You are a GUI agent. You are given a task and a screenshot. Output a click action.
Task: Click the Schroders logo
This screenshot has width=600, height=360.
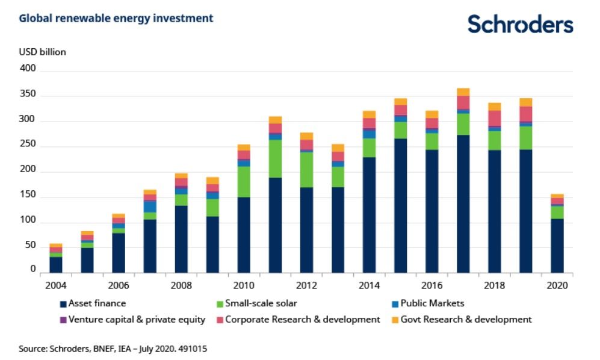(520, 25)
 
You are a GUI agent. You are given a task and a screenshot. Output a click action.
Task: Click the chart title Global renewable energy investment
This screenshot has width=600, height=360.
(116, 19)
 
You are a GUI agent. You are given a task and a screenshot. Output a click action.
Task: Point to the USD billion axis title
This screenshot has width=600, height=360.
(42, 52)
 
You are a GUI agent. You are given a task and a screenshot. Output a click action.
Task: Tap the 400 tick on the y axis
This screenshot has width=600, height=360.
(28, 70)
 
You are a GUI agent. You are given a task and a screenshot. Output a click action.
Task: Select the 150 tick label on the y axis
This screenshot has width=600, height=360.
(28, 195)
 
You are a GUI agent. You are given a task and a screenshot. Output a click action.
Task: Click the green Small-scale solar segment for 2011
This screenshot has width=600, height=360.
(275, 158)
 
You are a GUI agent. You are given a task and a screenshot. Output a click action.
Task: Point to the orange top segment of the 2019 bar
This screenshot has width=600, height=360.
(525, 102)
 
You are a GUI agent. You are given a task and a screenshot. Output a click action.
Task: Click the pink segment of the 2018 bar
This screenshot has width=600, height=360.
(494, 118)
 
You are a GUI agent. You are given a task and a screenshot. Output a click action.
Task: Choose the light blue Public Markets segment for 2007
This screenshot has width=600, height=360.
(150, 206)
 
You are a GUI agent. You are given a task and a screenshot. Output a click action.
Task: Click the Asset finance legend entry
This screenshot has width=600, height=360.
(93, 303)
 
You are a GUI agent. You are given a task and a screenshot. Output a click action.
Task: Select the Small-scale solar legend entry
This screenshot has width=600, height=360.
(257, 303)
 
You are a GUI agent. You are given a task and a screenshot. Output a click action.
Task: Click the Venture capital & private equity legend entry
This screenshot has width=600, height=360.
(132, 319)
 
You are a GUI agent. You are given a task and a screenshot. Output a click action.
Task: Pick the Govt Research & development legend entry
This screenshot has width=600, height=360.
(462, 319)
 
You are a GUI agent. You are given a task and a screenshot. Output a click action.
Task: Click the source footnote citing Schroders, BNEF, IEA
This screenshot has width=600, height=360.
(113, 348)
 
